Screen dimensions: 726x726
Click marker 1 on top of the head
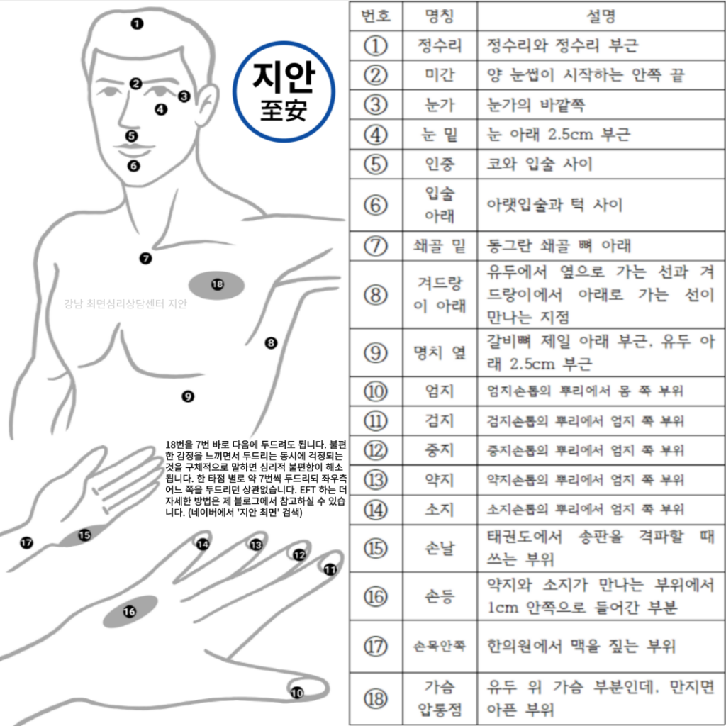pyautogui.click(x=137, y=23)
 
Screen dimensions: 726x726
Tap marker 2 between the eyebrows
pyautogui.click(x=135, y=84)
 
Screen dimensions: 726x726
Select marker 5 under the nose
pyautogui.click(x=131, y=136)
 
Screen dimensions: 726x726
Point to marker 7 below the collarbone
pyautogui.click(x=146, y=258)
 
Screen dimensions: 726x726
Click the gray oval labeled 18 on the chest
pyautogui.click(x=217, y=285)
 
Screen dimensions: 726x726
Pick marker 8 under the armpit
pyautogui.click(x=271, y=343)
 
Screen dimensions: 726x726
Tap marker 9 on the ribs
pyautogui.click(x=187, y=396)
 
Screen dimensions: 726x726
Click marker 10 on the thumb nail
pyautogui.click(x=297, y=693)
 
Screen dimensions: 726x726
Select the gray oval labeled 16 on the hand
pyautogui.click(x=130, y=612)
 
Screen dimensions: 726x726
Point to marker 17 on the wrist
pyautogui.click(x=26, y=542)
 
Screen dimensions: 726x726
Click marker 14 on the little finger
pyautogui.click(x=202, y=544)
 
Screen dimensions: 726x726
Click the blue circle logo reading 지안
pyautogui.click(x=284, y=91)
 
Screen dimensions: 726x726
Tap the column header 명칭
pyautogui.click(x=440, y=16)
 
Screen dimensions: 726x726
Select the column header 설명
pyautogui.click(x=601, y=16)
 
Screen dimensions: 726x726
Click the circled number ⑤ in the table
pyautogui.click(x=376, y=164)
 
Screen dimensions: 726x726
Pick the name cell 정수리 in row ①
pyautogui.click(x=440, y=45)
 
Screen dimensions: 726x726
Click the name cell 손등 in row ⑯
pyautogui.click(x=440, y=596)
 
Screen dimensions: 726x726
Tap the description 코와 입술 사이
pyautogui.click(x=540, y=164)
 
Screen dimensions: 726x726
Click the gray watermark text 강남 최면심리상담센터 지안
pyautogui.click(x=125, y=303)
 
